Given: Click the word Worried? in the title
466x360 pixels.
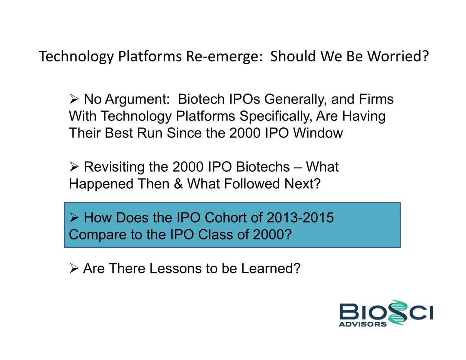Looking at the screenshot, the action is [x=398, y=56].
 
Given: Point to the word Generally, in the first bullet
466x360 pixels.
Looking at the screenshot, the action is [x=295, y=99].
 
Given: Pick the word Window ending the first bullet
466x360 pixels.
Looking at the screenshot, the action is [x=318, y=133].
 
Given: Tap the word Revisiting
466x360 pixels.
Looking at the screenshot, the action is [x=114, y=167].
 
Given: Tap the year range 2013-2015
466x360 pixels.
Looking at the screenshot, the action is [x=300, y=218].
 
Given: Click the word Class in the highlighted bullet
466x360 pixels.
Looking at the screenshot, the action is [x=216, y=234].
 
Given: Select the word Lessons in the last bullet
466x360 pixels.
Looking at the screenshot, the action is [x=175, y=268].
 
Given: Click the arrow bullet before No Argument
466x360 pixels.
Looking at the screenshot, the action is [x=74, y=99].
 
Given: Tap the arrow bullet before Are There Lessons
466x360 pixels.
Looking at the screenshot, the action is [x=74, y=268].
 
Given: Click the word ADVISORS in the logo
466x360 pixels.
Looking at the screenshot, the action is [x=362, y=324].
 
